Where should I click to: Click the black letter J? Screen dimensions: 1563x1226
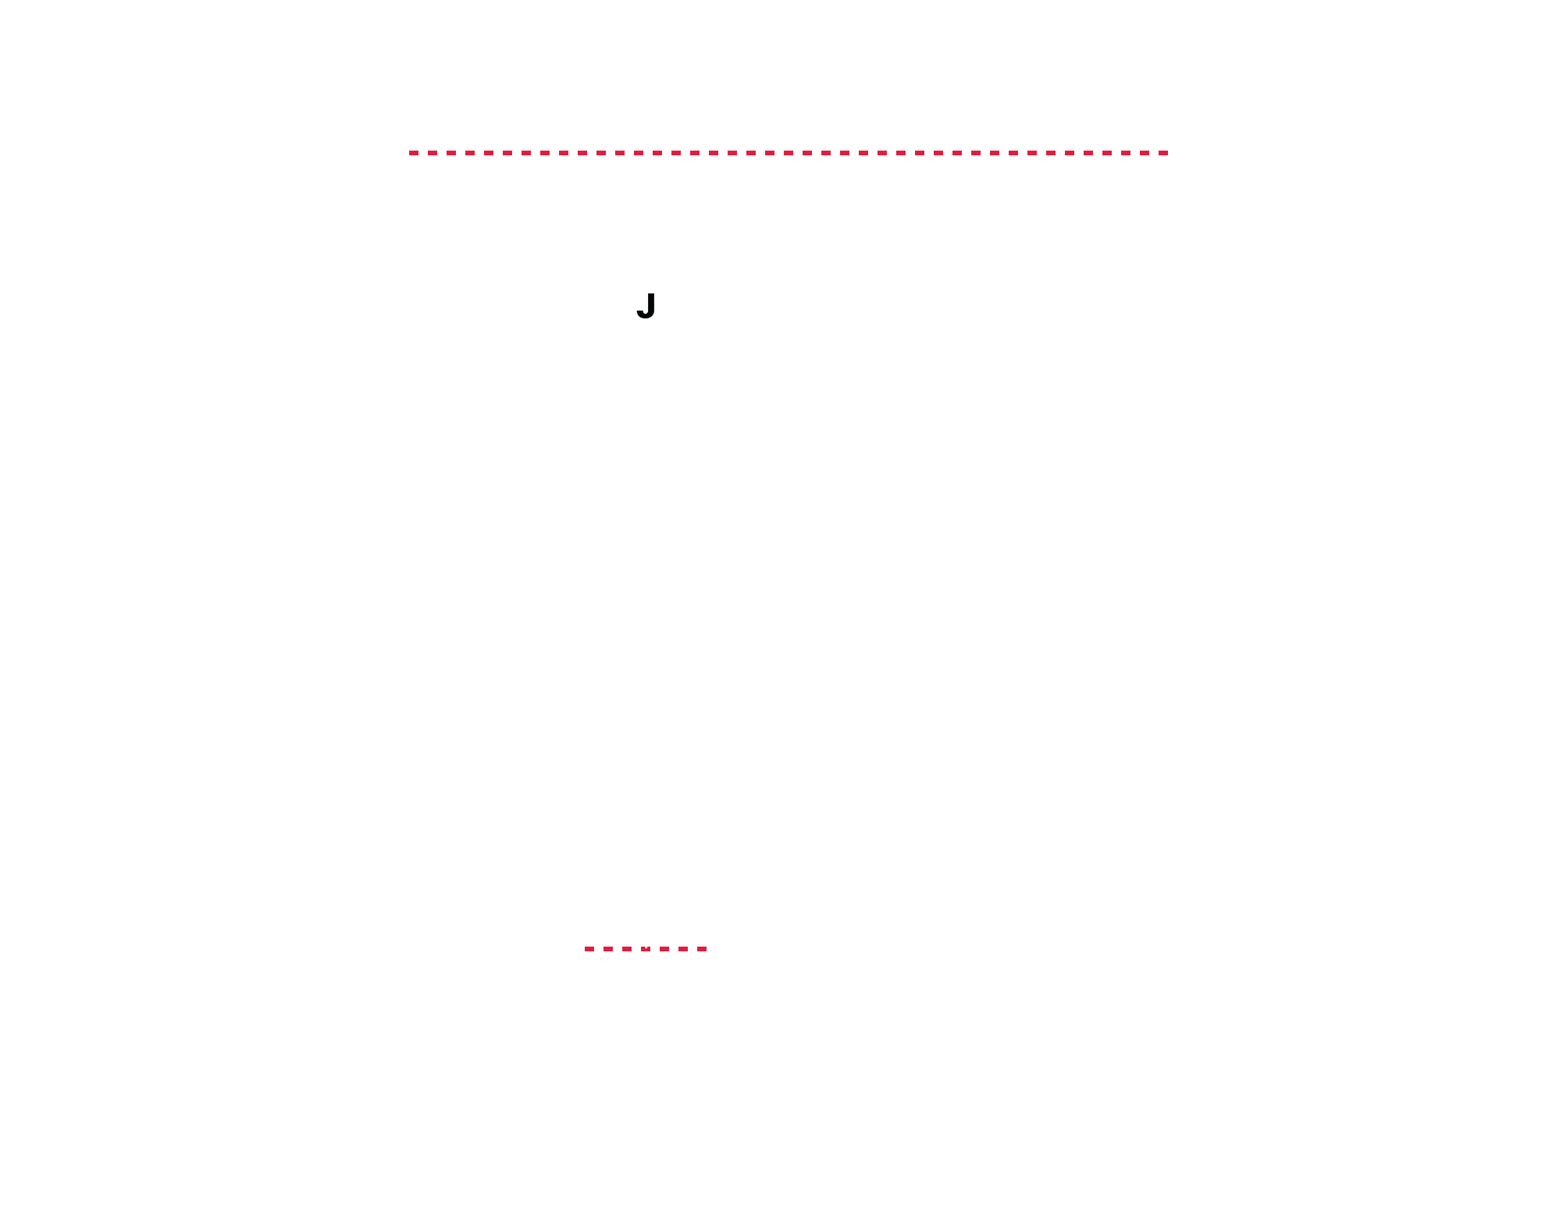(646, 306)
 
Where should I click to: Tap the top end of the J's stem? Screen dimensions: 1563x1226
(650, 294)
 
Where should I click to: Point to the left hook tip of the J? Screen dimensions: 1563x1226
(639, 311)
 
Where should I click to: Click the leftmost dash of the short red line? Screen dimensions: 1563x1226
(589, 949)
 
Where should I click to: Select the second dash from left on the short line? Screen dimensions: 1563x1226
(608, 949)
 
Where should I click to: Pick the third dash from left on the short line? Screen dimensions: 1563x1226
(627, 949)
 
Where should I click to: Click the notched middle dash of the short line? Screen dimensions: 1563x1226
(646, 949)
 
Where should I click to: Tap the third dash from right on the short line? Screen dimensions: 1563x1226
(664, 949)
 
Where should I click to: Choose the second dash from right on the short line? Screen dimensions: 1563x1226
(683, 949)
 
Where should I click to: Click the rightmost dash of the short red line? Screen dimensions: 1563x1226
(702, 949)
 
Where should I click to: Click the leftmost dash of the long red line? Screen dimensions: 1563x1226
(414, 153)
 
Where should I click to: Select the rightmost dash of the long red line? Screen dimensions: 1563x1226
(1163, 153)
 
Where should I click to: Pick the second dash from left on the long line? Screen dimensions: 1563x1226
(433, 153)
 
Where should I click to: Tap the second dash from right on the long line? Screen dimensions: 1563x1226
(1145, 153)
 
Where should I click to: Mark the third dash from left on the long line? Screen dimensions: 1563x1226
(451, 153)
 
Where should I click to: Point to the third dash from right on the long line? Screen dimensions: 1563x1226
(1126, 153)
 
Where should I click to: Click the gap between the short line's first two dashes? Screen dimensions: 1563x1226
(599, 949)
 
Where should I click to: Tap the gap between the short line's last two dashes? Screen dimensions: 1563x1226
(692, 949)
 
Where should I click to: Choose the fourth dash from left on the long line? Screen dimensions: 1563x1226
(470, 153)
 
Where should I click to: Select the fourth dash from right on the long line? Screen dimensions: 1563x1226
(1107, 153)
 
